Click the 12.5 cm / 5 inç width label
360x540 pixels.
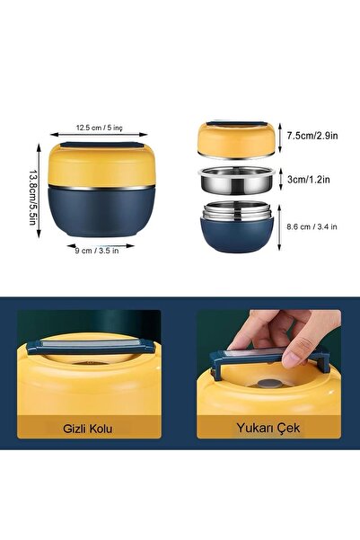(101, 128)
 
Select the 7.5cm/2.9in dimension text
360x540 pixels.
(313, 137)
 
